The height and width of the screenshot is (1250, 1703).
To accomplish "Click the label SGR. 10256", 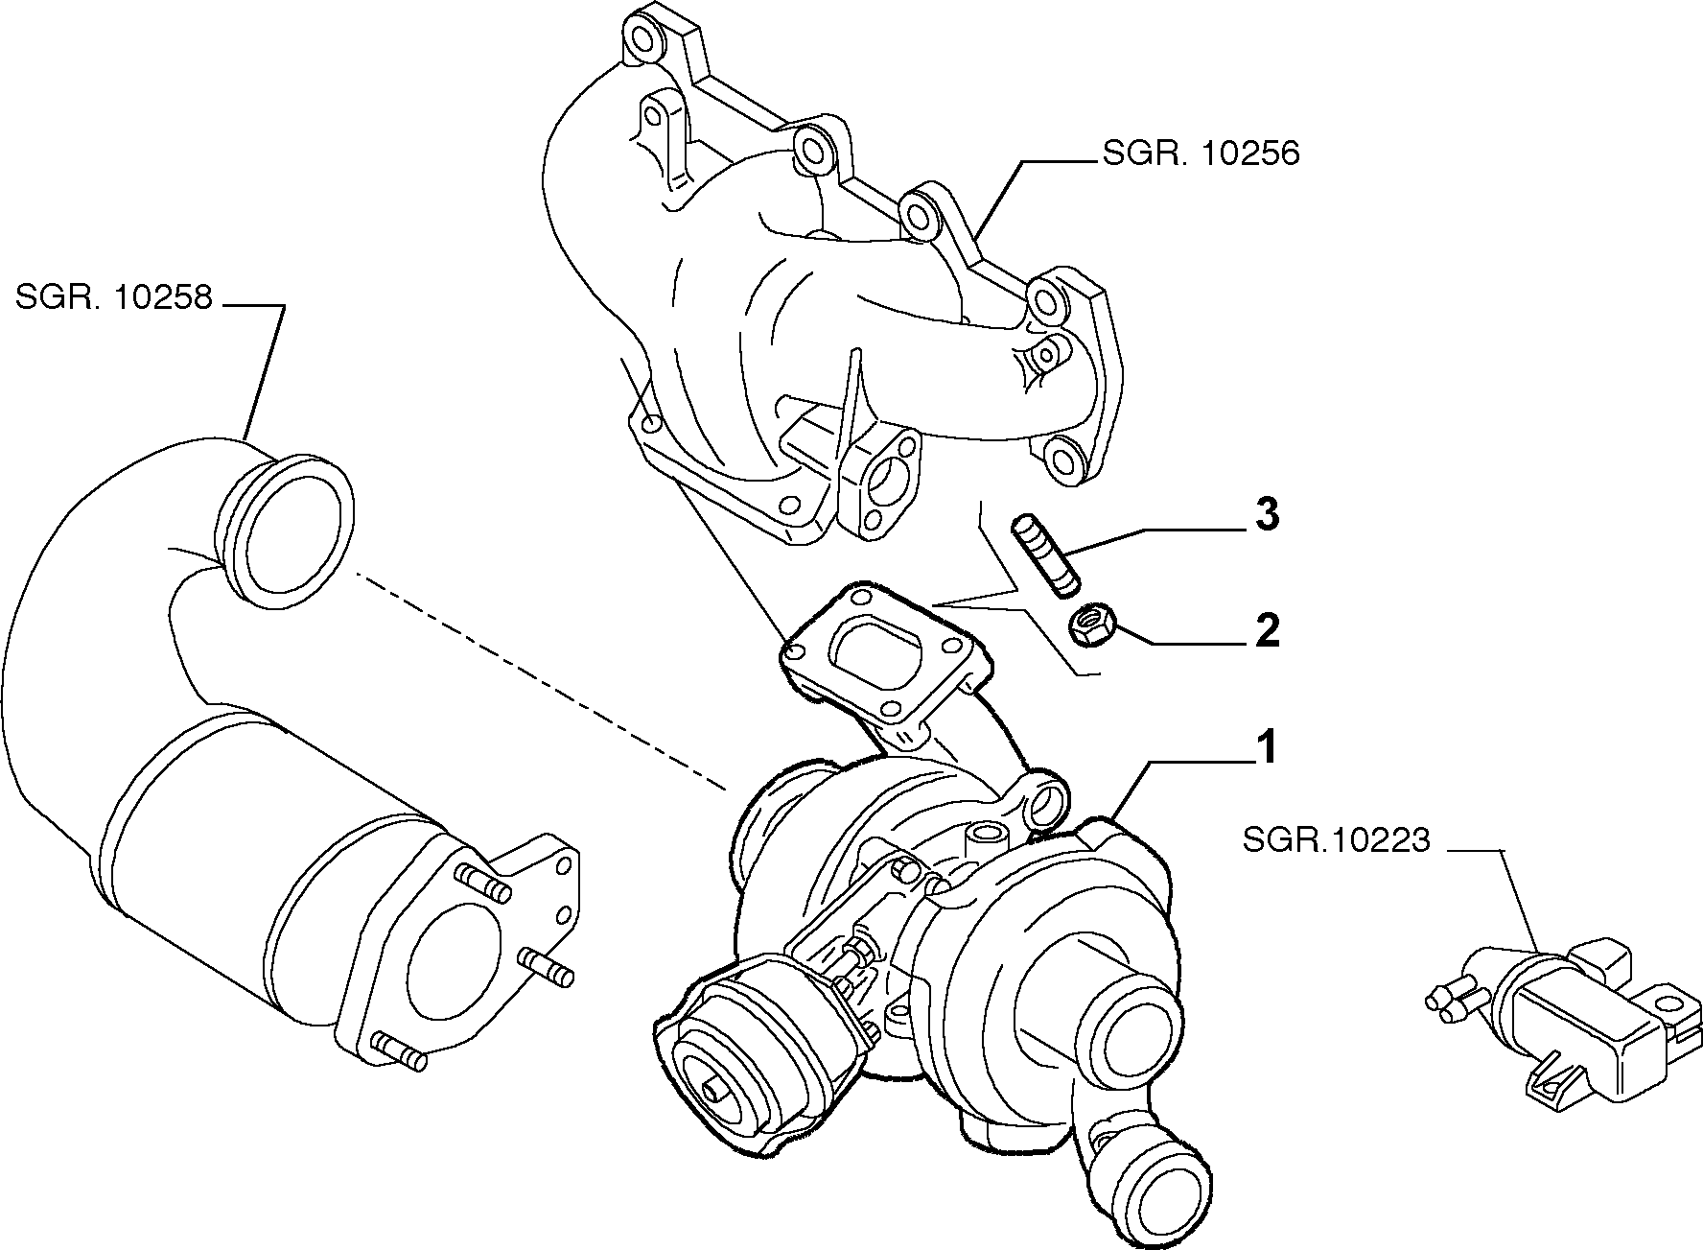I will [x=1201, y=154].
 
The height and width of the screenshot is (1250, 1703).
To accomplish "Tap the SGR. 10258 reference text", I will [x=113, y=297].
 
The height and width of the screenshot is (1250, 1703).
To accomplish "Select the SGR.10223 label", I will [x=1336, y=841].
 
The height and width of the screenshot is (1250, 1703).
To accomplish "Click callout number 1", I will [x=1267, y=748].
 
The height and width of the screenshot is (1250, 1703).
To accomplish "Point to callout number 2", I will [x=1267, y=632].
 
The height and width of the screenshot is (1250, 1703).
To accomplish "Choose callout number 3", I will [x=1267, y=515].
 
